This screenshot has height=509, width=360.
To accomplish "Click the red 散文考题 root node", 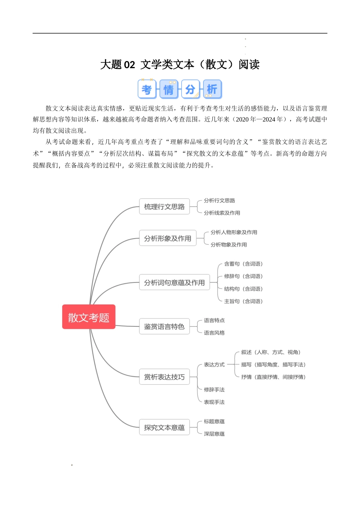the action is coord(89,317).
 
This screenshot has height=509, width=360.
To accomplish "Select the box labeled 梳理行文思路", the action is coord(164,206).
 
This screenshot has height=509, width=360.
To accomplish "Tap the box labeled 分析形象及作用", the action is coord(168,238).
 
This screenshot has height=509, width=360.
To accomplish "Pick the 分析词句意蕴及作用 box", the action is coord(174,282).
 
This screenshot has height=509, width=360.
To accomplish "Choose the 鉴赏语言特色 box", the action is coord(164,326).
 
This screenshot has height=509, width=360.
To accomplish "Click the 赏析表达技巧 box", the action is coord(164,377).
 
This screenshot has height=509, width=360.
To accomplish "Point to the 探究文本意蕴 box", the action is coord(164,427).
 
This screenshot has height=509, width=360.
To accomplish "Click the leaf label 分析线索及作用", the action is coord(222,213).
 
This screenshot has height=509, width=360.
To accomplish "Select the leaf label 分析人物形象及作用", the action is coord(234,232).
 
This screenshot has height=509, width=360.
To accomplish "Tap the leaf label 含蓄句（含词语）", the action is coord(243,264).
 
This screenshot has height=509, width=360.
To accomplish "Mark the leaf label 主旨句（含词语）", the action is coord(243,301).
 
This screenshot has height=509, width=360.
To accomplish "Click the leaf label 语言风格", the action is coord(214,333).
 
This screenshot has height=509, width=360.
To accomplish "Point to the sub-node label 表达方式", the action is coord(214,365).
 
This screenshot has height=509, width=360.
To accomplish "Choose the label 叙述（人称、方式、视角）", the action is coord(271,352).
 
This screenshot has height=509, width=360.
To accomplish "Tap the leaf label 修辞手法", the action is coord(214,390).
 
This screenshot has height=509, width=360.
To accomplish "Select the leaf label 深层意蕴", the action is coord(214,434).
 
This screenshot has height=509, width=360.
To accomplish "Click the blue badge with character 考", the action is coord(147,89).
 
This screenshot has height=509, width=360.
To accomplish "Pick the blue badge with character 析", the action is coord(213,89).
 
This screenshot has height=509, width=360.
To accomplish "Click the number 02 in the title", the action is coord(129,64).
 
